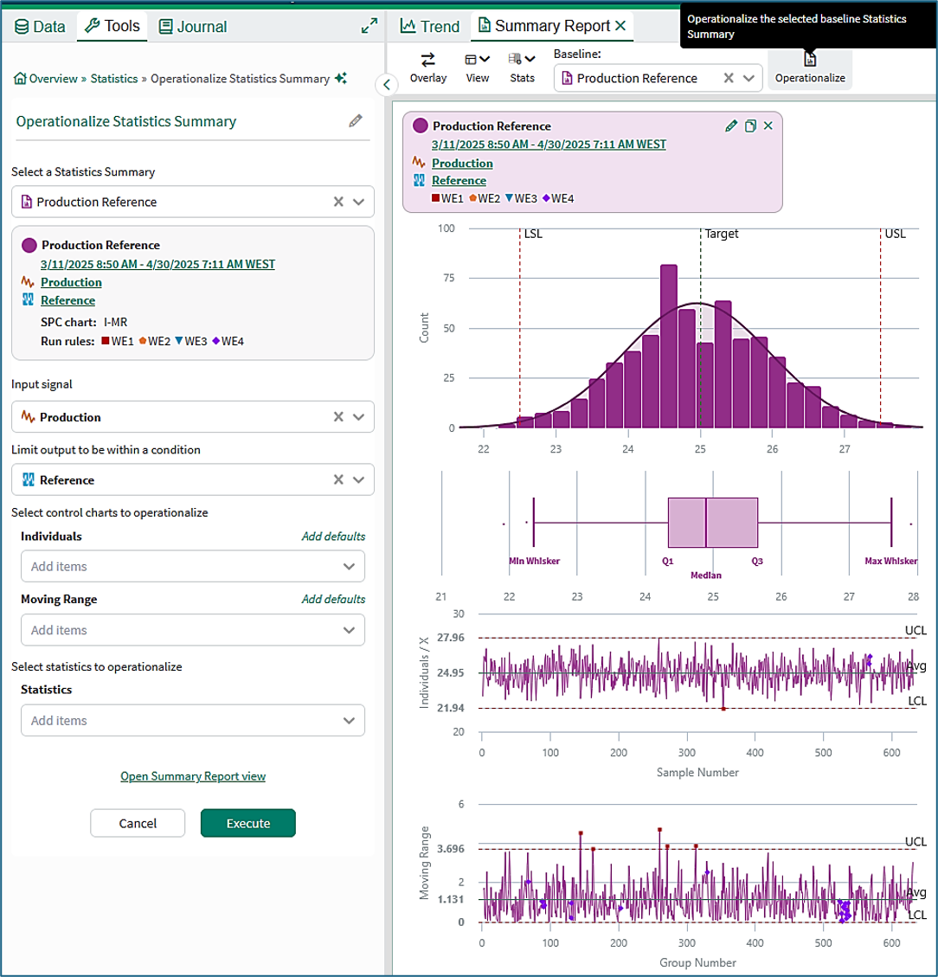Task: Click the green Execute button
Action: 247,823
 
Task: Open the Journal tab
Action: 193,26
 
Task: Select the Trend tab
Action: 430,26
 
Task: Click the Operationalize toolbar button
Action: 810,68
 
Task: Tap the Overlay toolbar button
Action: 427,68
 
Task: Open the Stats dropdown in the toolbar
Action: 522,68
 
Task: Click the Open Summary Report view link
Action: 193,776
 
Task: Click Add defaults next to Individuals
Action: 333,537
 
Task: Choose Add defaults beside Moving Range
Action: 333,600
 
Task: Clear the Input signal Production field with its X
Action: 338,417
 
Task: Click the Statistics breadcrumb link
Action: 114,79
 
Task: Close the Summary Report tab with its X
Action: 620,26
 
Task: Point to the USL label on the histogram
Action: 895,234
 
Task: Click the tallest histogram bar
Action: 668,346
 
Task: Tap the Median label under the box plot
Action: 706,575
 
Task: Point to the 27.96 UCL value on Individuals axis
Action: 450,638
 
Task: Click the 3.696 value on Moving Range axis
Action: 450,849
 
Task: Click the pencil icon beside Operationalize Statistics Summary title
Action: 356,120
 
